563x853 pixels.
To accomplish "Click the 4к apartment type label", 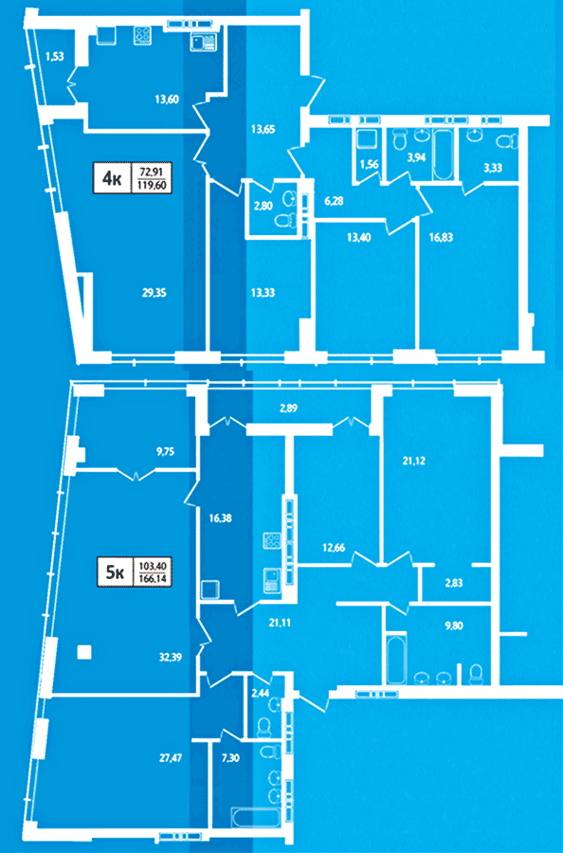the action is [113, 178].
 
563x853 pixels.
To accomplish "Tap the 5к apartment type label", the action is [115, 572].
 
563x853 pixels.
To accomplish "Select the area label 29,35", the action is [153, 293].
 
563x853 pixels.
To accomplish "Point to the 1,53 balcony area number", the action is [54, 55].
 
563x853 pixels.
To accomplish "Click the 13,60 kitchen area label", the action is [167, 99].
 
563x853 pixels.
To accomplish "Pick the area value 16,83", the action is [441, 237].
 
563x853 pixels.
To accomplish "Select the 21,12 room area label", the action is [413, 461].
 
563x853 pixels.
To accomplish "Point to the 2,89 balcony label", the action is [288, 408].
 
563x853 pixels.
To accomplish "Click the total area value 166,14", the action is [153, 579].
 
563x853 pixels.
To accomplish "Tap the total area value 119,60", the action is [153, 185].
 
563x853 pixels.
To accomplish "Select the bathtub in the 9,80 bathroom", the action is [396, 658].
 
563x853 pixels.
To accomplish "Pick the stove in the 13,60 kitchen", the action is [142, 35].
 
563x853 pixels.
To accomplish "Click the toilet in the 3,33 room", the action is [508, 141].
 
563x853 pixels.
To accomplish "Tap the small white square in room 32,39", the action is [83, 652].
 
